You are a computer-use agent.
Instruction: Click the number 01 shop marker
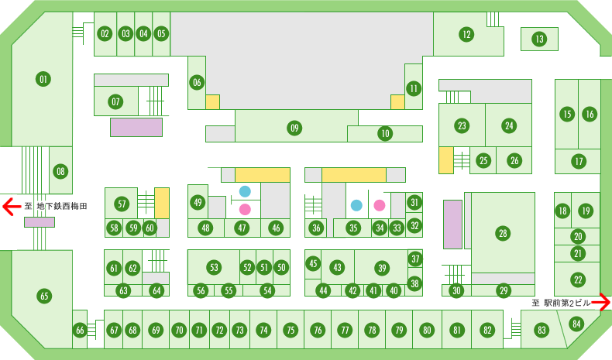click(x=43, y=79)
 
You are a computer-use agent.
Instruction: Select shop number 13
click(x=539, y=39)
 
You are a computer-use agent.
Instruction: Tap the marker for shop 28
click(x=503, y=233)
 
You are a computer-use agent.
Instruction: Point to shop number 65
click(x=44, y=296)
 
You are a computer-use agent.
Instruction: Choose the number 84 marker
click(x=576, y=324)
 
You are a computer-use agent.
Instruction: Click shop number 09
click(x=294, y=128)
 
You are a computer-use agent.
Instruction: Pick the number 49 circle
click(x=198, y=202)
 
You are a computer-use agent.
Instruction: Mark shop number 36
click(x=316, y=228)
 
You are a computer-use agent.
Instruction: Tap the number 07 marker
click(x=115, y=101)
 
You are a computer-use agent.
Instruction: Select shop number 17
click(x=579, y=161)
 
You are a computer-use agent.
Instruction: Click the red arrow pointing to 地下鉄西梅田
click(x=12, y=207)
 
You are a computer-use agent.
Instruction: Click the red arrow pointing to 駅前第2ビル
click(x=601, y=302)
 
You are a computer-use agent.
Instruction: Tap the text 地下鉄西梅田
click(x=62, y=207)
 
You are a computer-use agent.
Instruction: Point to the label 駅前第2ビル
click(x=567, y=303)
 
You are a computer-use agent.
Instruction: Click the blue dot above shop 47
click(x=245, y=191)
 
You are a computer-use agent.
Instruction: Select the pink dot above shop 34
click(x=380, y=205)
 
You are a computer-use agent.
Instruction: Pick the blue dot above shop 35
click(x=356, y=205)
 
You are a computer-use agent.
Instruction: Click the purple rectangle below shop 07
click(x=136, y=127)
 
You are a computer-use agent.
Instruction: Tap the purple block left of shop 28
click(x=452, y=225)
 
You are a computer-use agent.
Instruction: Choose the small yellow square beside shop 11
click(x=397, y=102)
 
